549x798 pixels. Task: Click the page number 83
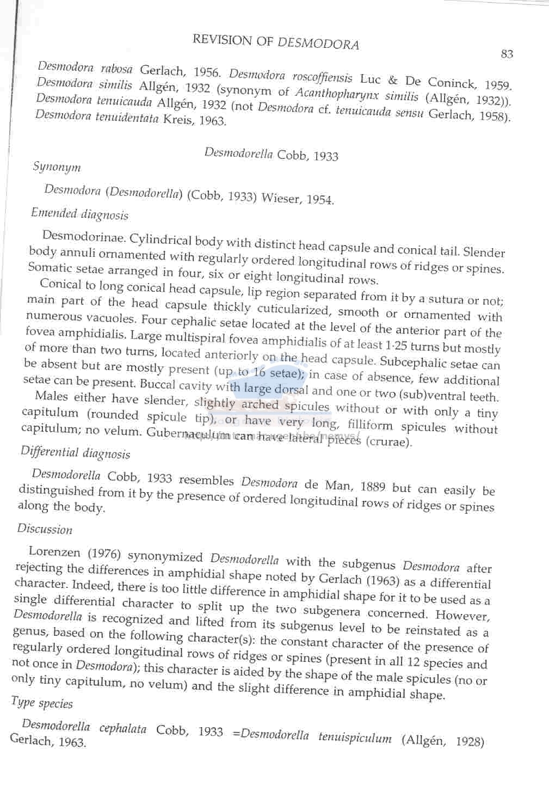click(507, 53)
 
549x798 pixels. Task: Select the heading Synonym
click(57, 167)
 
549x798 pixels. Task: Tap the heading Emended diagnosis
click(79, 214)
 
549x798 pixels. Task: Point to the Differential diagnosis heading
click(75, 452)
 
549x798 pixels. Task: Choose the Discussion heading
click(45, 529)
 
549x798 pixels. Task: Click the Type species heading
click(42, 703)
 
